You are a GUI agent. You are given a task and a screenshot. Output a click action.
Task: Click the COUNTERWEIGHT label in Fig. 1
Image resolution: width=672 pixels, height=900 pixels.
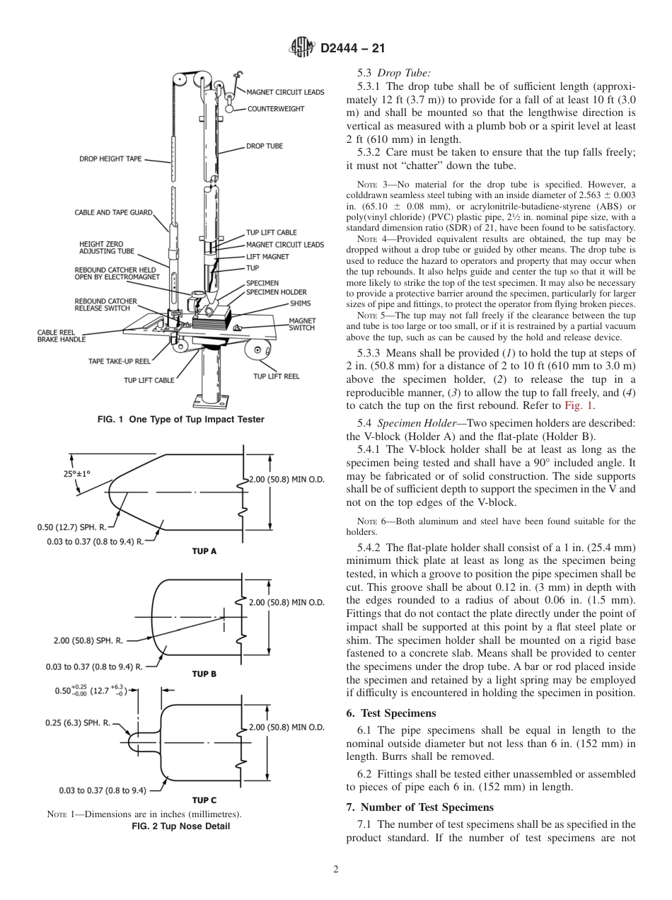276,109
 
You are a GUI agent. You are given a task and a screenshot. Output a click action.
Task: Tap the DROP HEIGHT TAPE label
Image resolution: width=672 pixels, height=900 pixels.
110,159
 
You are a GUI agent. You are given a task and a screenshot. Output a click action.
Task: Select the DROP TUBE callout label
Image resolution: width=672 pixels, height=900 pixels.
264,146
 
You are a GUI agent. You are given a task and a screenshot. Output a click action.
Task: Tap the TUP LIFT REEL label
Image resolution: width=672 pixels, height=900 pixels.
277,376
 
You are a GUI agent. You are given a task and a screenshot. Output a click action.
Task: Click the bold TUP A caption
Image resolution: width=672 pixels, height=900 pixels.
204,551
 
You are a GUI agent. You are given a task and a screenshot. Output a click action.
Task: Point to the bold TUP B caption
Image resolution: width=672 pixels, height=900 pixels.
204,674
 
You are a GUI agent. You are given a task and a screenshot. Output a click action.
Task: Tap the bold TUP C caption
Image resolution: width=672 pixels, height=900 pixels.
204,800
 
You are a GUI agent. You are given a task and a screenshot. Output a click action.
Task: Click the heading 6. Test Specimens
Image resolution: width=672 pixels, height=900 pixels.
390,712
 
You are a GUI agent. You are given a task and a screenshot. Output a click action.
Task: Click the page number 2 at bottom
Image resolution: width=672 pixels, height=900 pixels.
335,870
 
